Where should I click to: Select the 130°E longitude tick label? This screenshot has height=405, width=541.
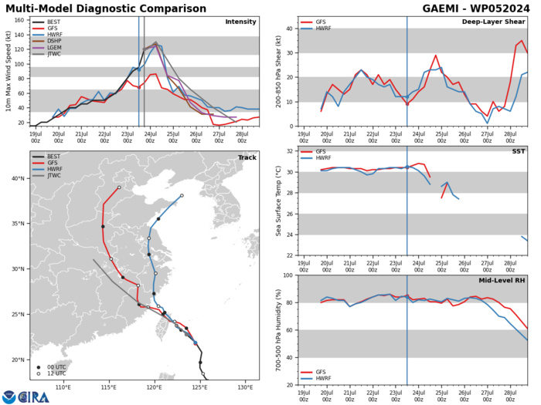(246, 386)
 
